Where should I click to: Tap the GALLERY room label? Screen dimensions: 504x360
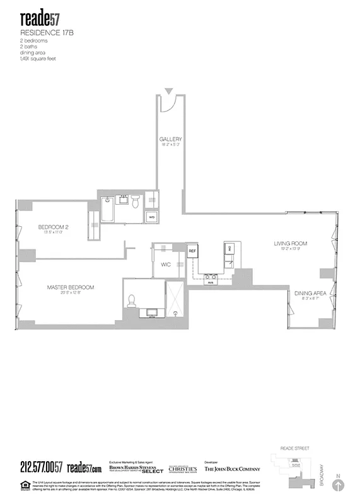pyautogui.click(x=170, y=139)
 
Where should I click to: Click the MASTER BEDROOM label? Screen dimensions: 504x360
pyautogui.click(x=71, y=287)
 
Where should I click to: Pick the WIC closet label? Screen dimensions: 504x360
pyautogui.click(x=166, y=265)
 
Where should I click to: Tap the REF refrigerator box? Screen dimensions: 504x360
pyautogui.click(x=193, y=251)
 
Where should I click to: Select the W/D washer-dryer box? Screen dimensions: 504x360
pyautogui.click(x=152, y=217)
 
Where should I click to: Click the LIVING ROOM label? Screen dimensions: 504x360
pyautogui.click(x=290, y=243)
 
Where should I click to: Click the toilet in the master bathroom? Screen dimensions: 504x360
pyautogui.click(x=132, y=302)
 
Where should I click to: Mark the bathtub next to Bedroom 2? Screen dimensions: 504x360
pyautogui.click(x=107, y=209)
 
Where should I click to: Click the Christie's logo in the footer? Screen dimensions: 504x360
pyautogui.click(x=183, y=469)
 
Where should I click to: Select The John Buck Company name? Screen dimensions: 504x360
pyautogui.click(x=231, y=469)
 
